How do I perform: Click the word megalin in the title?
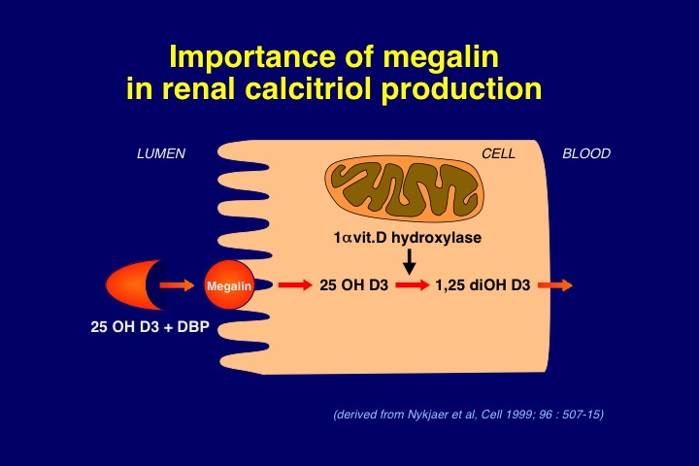click(x=441, y=57)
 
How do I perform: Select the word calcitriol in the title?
click(x=308, y=88)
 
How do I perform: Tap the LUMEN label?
click(x=161, y=153)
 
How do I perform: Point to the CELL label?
click(x=498, y=153)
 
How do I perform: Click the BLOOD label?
click(x=586, y=153)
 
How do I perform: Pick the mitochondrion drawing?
click(x=404, y=189)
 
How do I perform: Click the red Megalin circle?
click(x=229, y=285)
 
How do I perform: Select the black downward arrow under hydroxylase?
click(x=410, y=262)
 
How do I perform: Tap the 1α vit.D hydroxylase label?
click(x=408, y=237)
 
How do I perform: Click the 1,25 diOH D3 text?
click(x=483, y=285)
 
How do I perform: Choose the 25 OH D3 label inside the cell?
click(x=354, y=285)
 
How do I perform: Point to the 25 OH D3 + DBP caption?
click(x=150, y=327)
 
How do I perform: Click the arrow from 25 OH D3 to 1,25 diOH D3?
click(x=413, y=285)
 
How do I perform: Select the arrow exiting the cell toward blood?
click(x=555, y=285)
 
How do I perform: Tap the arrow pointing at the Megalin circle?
click(x=177, y=285)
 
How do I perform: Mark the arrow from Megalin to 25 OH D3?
click(x=295, y=285)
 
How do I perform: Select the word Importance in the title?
click(x=252, y=57)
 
